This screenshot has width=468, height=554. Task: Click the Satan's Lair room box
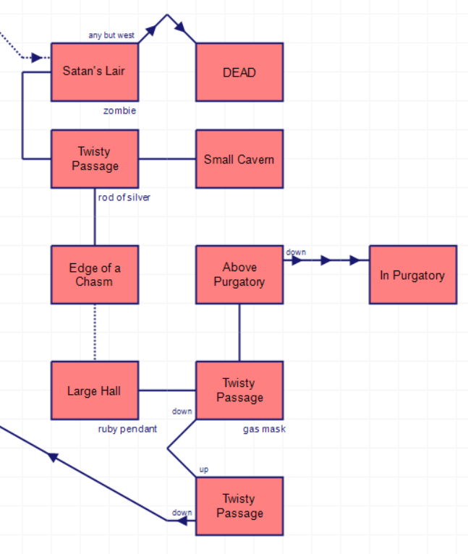click(94, 72)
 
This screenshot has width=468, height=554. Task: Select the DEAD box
click(239, 72)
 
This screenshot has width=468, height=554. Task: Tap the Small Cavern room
click(239, 159)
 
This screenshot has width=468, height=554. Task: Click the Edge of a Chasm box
click(94, 274)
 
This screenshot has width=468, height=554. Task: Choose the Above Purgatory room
click(239, 274)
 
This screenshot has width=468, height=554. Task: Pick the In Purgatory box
click(412, 274)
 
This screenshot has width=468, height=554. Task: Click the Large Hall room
click(94, 391)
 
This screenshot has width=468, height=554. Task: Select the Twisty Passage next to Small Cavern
click(94, 159)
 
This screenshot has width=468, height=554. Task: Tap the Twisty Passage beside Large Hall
click(239, 391)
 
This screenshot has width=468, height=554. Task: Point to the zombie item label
click(119, 111)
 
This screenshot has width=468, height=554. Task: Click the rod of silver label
click(124, 197)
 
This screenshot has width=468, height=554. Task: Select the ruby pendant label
click(127, 429)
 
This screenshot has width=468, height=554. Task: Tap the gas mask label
click(264, 429)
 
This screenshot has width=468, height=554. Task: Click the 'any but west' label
click(111, 35)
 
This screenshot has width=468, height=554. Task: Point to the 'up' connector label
click(204, 469)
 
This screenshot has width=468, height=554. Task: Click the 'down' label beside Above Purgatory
click(296, 252)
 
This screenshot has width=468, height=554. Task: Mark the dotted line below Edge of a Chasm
click(95, 332)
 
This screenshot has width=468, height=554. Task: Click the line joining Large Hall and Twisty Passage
click(167, 391)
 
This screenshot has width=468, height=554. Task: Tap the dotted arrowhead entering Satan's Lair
click(37, 57)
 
